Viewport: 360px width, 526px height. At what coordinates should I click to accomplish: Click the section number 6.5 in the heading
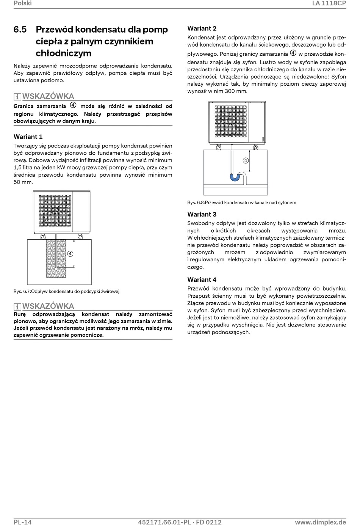[20, 30]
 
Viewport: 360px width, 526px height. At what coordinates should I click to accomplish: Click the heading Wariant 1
[28, 137]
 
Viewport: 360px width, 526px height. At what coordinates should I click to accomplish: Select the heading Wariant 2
[202, 28]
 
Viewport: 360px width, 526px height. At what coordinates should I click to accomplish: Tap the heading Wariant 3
[202, 214]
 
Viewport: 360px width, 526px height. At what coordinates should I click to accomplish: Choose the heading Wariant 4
[202, 279]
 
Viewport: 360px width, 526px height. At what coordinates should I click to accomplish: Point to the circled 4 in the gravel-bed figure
[70, 254]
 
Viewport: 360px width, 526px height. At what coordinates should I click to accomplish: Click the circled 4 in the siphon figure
[246, 160]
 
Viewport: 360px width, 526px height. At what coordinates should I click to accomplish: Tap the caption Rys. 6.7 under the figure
[66, 291]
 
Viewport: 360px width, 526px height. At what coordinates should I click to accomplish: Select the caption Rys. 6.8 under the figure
[242, 203]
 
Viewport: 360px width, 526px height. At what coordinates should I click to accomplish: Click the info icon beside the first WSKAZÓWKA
[17, 97]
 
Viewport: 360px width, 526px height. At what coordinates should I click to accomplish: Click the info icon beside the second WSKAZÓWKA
[17, 307]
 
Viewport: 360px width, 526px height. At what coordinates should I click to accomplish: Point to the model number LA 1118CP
[329, 3]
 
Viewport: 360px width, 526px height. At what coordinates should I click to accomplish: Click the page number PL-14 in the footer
[22, 522]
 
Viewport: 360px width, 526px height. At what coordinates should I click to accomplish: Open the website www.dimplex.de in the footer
[320, 522]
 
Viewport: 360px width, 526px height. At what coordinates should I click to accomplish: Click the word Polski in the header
[22, 3]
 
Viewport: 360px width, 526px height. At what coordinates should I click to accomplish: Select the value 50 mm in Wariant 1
[23, 182]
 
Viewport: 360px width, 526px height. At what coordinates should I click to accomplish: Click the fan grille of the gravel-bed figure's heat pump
[55, 210]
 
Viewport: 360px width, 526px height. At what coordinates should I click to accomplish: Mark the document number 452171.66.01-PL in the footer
[164, 522]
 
